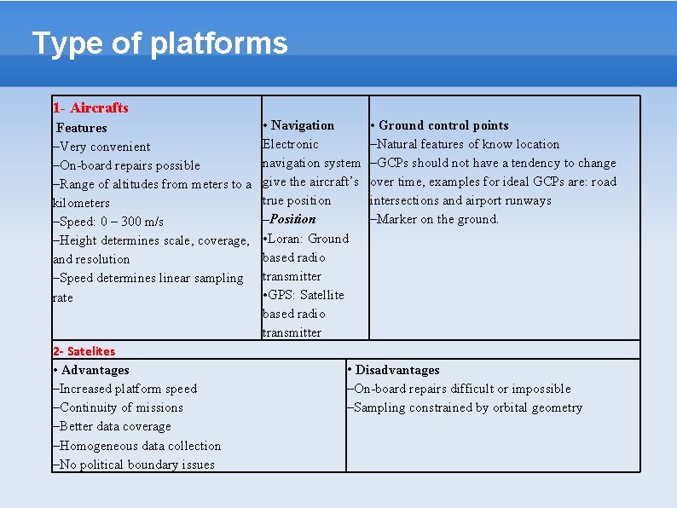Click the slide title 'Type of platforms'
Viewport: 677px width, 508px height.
pyautogui.click(x=159, y=43)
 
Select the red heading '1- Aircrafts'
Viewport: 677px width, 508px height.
pyautogui.click(x=90, y=107)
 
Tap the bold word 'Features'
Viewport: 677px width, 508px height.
pyautogui.click(x=82, y=128)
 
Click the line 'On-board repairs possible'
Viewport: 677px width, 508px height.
pyautogui.click(x=129, y=165)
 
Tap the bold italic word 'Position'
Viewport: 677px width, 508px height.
pyautogui.click(x=292, y=219)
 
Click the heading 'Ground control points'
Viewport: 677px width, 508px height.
pyautogui.click(x=443, y=125)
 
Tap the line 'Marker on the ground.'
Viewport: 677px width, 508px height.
pyautogui.click(x=437, y=219)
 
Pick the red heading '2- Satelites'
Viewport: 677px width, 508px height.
pyautogui.click(x=84, y=351)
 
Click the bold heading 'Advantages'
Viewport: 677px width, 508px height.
pyautogui.click(x=95, y=370)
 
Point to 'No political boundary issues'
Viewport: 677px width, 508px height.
pyautogui.click(x=136, y=465)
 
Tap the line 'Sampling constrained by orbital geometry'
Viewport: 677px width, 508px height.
pyautogui.click(x=467, y=407)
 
